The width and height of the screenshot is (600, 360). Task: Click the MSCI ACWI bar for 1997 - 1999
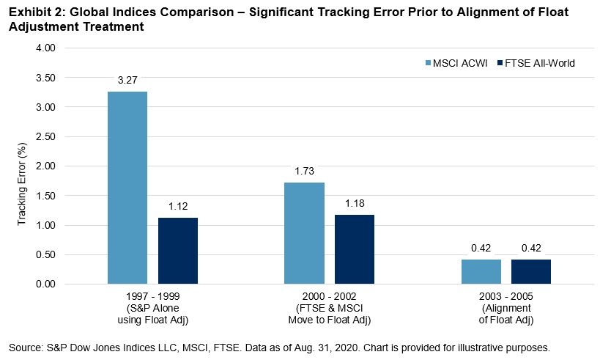tap(127, 188)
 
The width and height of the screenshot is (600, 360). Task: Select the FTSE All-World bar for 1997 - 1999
tap(178, 251)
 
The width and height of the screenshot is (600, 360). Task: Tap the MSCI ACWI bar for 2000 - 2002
tap(304, 233)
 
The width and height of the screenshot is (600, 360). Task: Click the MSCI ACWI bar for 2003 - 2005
tap(481, 271)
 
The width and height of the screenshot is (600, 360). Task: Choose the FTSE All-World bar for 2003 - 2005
tap(531, 271)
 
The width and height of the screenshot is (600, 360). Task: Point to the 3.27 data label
tap(127, 80)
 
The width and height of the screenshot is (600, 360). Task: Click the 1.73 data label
tap(304, 171)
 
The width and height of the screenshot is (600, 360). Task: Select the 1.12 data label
tap(178, 206)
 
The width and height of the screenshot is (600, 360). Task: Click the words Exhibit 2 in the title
tap(33, 13)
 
